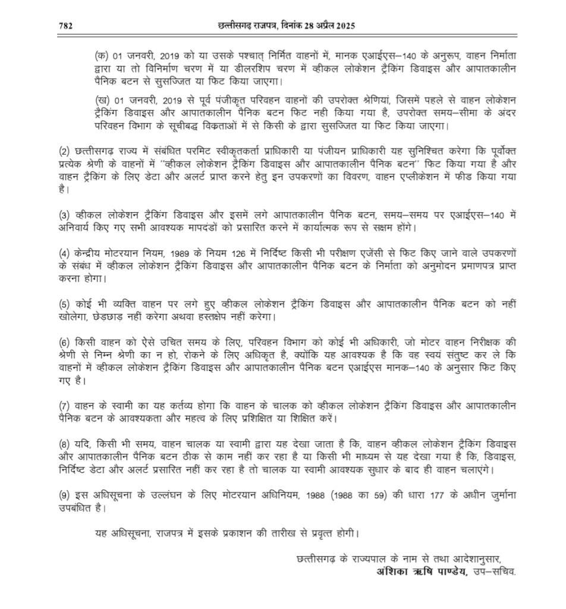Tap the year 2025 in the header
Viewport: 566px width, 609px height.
344,27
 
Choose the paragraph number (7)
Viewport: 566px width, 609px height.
64,407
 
